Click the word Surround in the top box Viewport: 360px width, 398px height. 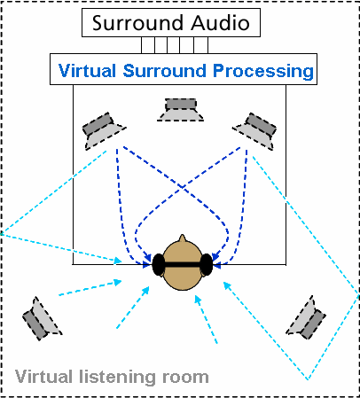139,23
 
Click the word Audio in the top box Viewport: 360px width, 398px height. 221,22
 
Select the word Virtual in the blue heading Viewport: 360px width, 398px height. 88,71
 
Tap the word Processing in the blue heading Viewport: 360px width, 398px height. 263,72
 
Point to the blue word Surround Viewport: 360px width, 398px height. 165,71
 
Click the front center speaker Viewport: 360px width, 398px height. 180,110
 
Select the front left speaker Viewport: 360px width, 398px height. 104,131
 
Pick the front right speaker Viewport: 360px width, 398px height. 254,131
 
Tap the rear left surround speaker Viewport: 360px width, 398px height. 42,318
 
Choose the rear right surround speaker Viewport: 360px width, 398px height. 306,317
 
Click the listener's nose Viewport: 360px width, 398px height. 183,238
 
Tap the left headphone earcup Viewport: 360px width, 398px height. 159,265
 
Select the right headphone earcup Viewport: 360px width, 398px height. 207,265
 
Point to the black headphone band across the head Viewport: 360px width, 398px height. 183,264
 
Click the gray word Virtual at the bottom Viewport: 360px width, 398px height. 44,377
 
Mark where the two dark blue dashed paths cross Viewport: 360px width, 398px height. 182,186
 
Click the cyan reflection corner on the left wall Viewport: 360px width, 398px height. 1,234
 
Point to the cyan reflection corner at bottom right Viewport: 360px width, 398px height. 308,379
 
